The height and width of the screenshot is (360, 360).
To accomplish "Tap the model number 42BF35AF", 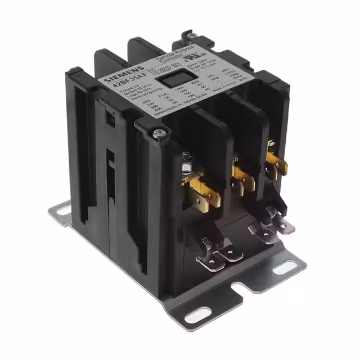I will (x=126, y=87).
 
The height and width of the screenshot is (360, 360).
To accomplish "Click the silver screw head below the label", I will (x=160, y=133).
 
